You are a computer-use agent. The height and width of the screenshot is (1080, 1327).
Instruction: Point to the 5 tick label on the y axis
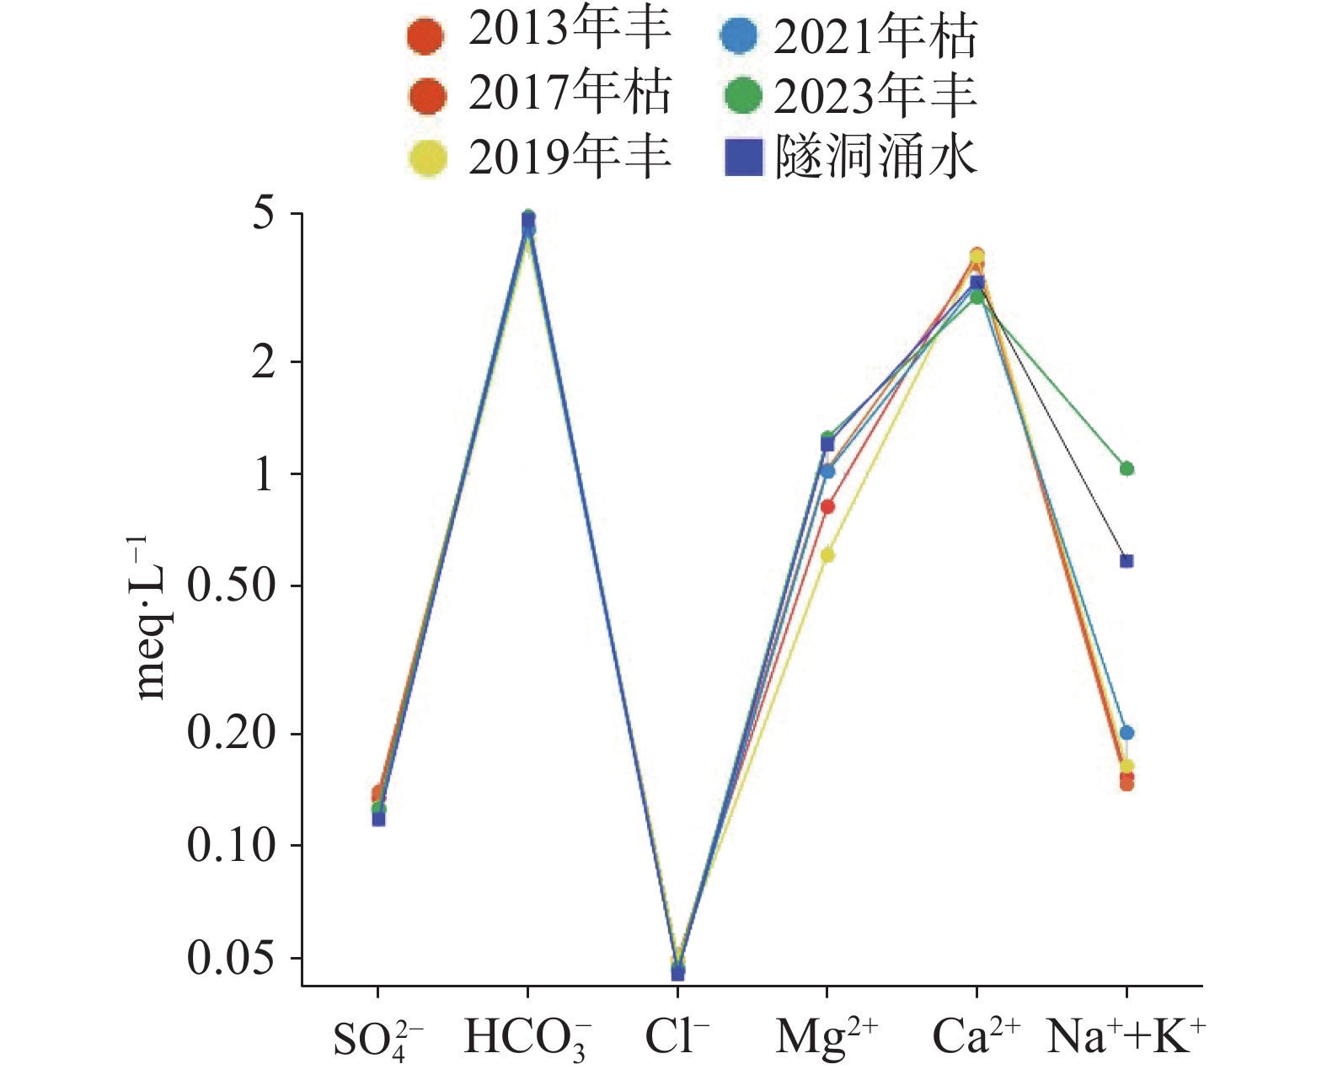[265, 214]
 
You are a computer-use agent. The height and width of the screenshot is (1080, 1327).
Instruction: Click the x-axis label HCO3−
[527, 1038]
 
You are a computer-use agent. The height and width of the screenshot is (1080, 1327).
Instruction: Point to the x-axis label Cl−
[677, 1036]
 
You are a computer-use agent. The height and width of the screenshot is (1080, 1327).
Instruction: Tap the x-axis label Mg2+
[827, 1038]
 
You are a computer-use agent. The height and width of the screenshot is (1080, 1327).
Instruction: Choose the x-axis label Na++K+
[1126, 1036]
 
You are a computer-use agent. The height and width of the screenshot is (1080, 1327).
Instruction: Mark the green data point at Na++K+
[1126, 468]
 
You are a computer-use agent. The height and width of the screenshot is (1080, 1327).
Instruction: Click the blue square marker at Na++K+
[1126, 561]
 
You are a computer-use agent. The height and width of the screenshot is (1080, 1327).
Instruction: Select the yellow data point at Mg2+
[827, 555]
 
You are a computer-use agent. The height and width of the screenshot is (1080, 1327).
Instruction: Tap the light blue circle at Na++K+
[1126, 733]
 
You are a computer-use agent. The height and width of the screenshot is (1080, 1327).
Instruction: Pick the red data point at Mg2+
[827, 507]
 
